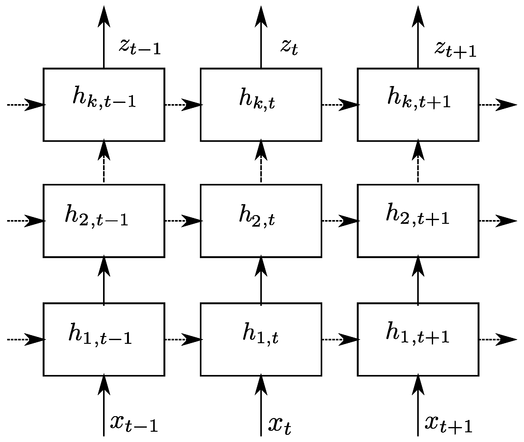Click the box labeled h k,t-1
pos(104,104)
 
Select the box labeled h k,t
pos(261,104)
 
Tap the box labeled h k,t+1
pos(418,104)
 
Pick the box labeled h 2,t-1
pos(104,221)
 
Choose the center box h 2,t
pos(261,221)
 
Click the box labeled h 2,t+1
pos(418,221)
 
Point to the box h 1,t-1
pos(104,339)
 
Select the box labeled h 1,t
pos(261,339)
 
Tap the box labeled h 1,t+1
pos(418,339)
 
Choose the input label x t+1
pos(448,424)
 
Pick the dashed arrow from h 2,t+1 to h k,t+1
pos(418,162)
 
